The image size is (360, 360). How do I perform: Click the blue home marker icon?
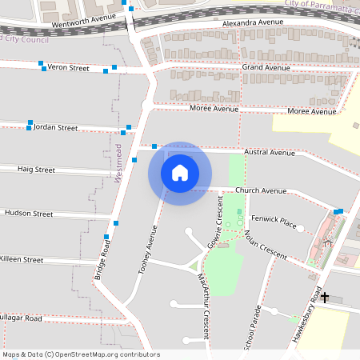pyautogui.click(x=179, y=173)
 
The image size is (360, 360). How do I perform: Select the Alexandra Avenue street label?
pyautogui.click(x=253, y=22)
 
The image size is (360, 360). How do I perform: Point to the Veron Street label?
pyautogui.click(x=68, y=68)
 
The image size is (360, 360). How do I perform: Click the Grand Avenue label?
pyautogui.click(x=266, y=68)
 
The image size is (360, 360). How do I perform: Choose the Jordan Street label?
pyautogui.click(x=55, y=127)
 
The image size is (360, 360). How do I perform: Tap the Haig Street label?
pyautogui.click(x=36, y=170)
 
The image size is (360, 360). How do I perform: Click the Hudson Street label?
pyautogui.click(x=29, y=214)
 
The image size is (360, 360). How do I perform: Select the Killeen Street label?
pyautogui.click(x=22, y=260)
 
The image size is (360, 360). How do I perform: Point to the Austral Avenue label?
pyautogui.click(x=270, y=152)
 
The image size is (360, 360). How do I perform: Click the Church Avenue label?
pyautogui.click(x=260, y=191)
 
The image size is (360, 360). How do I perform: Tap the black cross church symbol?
pyautogui.click(x=324, y=297)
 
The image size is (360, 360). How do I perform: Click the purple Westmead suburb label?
pyautogui.click(x=118, y=163)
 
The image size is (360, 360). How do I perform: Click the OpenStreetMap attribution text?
pyautogui.click(x=81, y=354)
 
